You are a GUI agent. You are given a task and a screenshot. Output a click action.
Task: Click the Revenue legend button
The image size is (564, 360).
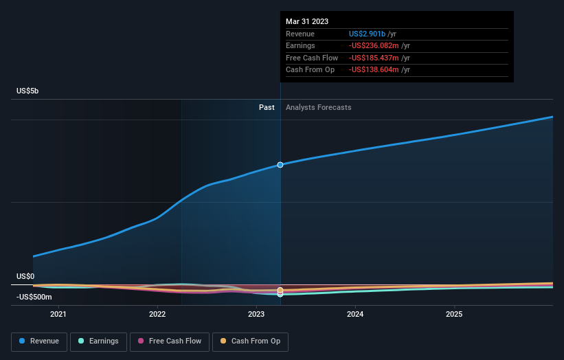click(39, 341)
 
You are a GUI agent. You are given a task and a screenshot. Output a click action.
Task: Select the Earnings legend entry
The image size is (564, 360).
click(98, 341)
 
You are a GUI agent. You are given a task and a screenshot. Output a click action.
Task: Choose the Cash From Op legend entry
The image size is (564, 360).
click(251, 341)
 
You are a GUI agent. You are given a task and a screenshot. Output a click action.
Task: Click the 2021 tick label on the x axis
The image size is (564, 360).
click(58, 315)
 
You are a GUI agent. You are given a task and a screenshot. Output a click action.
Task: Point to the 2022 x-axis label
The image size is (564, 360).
click(157, 315)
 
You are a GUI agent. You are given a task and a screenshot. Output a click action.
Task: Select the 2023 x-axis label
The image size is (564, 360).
click(256, 315)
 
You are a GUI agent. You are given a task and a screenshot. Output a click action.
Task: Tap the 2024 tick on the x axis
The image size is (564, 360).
click(355, 315)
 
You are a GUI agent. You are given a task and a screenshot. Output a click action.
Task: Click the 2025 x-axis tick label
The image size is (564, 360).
click(454, 315)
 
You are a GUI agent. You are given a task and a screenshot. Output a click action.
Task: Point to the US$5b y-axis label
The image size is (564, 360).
click(28, 91)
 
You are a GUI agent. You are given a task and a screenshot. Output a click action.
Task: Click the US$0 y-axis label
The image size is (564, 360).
click(25, 276)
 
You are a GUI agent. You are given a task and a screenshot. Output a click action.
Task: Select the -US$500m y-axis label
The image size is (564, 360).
click(34, 297)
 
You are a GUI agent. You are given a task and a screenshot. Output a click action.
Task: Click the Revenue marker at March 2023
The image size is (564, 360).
click(280, 165)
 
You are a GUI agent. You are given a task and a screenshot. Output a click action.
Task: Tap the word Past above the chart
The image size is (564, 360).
click(267, 107)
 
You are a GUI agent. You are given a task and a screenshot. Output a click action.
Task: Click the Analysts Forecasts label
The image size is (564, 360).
click(318, 107)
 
